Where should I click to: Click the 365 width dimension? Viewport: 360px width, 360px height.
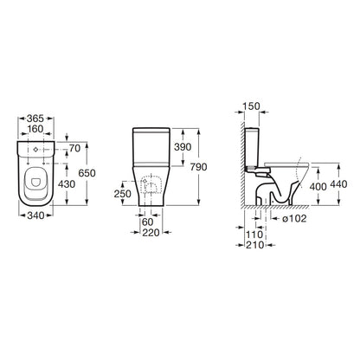pyautogui.click(x=35, y=119)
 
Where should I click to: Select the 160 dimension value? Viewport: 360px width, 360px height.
pyautogui.click(x=35, y=129)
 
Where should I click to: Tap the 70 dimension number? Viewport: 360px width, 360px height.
pyautogui.click(x=74, y=148)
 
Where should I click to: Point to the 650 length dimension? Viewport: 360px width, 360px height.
pyautogui.click(x=87, y=173)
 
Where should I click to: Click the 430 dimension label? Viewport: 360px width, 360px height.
pyautogui.click(x=67, y=184)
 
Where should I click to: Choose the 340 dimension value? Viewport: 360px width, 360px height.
pyautogui.click(x=35, y=215)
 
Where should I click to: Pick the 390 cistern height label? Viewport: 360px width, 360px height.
pyautogui.click(x=183, y=147)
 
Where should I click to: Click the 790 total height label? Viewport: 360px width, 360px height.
pyautogui.click(x=198, y=167)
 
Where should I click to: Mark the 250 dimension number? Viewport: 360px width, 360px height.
pyautogui.click(x=123, y=194)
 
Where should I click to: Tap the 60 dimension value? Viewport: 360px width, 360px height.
pyautogui.click(x=148, y=222)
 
